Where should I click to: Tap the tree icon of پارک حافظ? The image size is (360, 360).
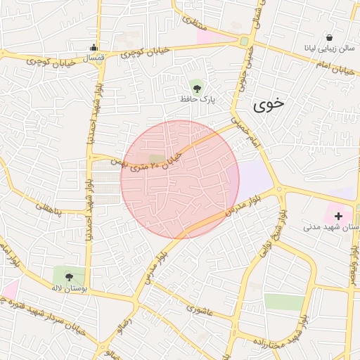coord(198,89)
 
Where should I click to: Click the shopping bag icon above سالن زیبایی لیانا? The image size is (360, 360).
coord(329,38)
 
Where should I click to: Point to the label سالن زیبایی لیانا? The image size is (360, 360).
coord(329,50)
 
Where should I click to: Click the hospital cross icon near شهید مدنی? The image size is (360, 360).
coord(340,215)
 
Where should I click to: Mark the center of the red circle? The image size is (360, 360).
coord(180,179)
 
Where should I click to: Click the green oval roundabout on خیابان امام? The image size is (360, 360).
coord(244,41)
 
